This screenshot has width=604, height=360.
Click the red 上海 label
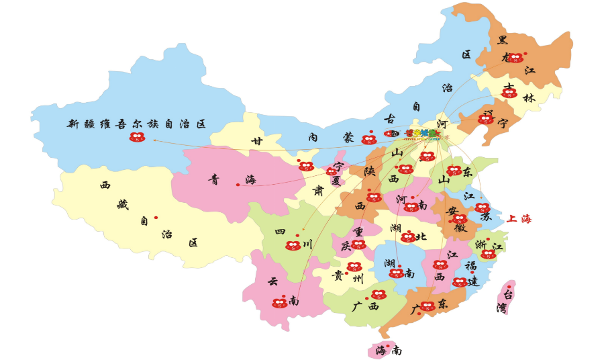[519, 219]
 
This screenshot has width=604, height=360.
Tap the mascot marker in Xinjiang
[137, 137]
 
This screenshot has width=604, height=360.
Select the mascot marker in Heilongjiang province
[515, 58]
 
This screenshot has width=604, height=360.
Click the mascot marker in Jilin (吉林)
[509, 93]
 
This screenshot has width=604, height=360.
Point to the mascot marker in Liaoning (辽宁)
[485, 120]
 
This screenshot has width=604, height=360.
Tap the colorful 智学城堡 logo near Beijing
[422, 134]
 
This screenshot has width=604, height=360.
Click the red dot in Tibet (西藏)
[156, 217]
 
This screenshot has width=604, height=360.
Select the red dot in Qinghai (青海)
[238, 185]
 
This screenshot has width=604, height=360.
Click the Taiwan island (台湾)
[507, 296]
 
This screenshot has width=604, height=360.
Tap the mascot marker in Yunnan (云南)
[280, 303]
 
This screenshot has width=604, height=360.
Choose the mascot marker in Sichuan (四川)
[293, 246]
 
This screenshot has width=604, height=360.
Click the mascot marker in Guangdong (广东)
[427, 306]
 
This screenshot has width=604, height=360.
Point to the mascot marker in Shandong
[454, 171]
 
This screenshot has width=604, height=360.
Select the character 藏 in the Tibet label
[123, 204]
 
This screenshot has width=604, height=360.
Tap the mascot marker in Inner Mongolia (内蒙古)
[368, 140]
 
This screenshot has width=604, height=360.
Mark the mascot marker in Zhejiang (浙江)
[488, 254]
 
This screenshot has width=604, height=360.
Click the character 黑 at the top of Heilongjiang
[502, 40]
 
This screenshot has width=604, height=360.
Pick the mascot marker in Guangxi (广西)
[379, 294]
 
